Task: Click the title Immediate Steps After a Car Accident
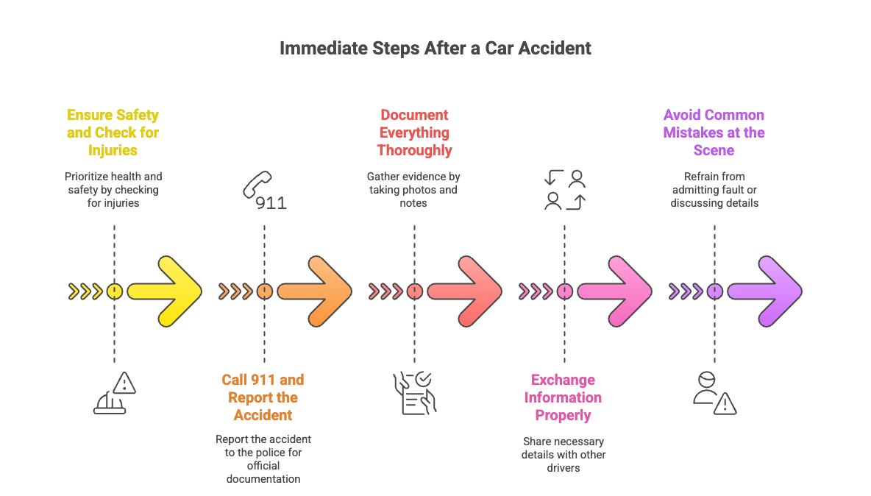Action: [435, 49]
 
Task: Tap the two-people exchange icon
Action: [564, 190]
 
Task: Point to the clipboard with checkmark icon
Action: [414, 393]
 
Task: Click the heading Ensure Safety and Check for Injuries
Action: [113, 132]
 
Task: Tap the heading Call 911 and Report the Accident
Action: [263, 397]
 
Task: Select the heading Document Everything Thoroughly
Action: [414, 132]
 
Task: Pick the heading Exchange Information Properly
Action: [564, 397]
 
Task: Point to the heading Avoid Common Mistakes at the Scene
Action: [714, 132]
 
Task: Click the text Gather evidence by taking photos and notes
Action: [413, 190]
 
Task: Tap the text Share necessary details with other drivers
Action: [564, 454]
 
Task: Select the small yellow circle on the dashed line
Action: [114, 291]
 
